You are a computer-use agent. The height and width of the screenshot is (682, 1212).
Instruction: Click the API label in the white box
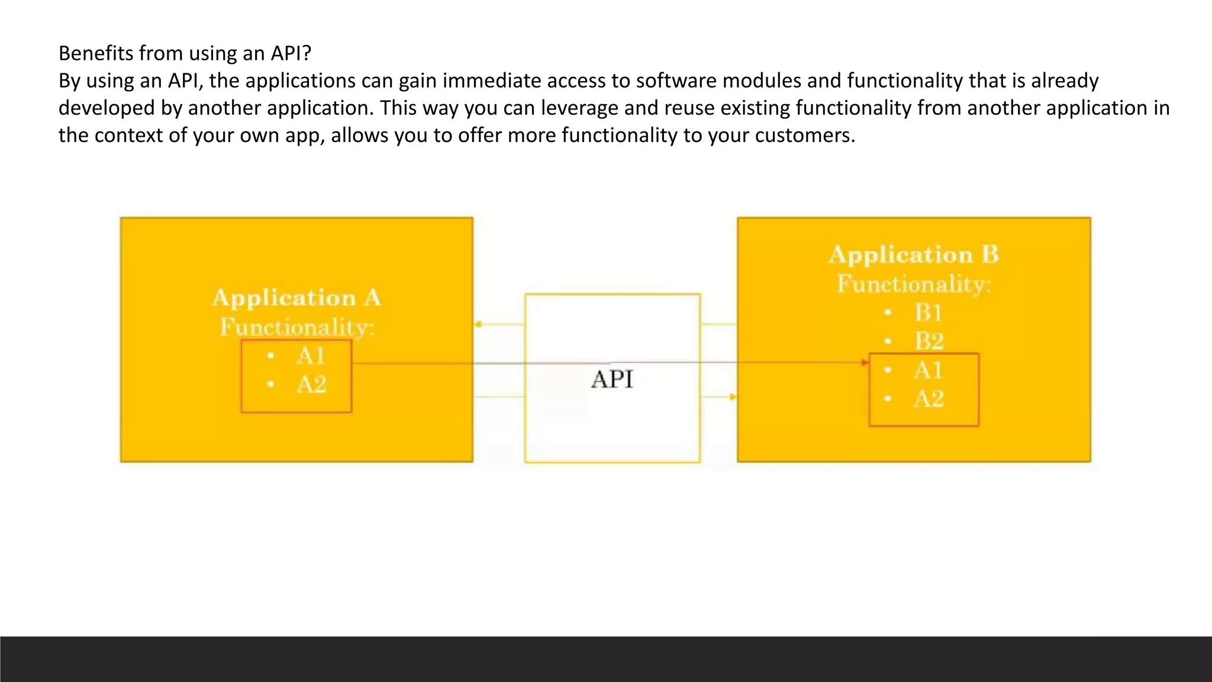click(612, 379)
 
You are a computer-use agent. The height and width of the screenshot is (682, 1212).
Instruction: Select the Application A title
click(296, 298)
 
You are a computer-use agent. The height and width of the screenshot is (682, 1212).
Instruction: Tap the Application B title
click(913, 255)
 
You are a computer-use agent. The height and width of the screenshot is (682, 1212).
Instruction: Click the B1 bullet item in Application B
click(928, 312)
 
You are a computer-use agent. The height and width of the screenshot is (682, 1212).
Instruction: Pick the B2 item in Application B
click(929, 341)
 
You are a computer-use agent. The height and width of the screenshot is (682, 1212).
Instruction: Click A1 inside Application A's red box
click(311, 356)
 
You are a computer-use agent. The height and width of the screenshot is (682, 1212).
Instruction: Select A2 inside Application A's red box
click(311, 385)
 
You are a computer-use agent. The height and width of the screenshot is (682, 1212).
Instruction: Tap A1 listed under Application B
click(928, 370)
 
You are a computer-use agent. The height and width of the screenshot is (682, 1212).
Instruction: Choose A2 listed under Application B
click(929, 398)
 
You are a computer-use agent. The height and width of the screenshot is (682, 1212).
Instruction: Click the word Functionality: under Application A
click(296, 327)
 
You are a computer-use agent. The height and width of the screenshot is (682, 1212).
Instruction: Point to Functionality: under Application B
click(913, 284)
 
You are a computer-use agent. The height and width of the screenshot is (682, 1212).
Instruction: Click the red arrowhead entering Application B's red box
click(865, 362)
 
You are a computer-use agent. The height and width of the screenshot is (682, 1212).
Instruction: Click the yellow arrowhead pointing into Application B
click(733, 397)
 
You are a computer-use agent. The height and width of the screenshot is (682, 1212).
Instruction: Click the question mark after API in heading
click(306, 53)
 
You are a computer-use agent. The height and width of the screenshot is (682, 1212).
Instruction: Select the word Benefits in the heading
click(96, 53)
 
